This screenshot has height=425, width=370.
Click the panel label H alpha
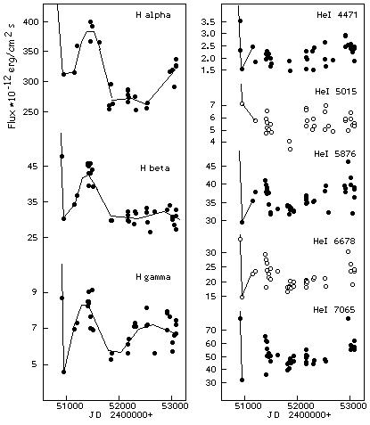pos(153,15)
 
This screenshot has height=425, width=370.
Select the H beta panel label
pos(155,168)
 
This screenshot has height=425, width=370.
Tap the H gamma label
pos(153,277)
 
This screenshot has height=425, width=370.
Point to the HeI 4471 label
pos(337,15)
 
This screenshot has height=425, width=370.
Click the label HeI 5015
pos(335,91)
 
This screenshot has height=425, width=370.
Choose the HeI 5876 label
pos(335,154)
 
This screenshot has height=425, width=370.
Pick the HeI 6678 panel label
pos(334,241)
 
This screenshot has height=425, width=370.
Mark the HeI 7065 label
pos(334,310)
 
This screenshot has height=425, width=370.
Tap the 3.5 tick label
pos(208,22)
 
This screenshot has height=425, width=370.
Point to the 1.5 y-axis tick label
pos(208,70)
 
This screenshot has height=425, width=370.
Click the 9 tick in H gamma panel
pos(36,292)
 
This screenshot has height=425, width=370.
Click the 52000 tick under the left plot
pos(119,406)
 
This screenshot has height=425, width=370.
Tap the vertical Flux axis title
pos(12,77)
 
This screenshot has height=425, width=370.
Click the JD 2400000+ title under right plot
pos(299,415)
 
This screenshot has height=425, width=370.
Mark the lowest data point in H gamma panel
pos(63,372)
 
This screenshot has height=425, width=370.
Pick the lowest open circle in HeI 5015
pos(290,149)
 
